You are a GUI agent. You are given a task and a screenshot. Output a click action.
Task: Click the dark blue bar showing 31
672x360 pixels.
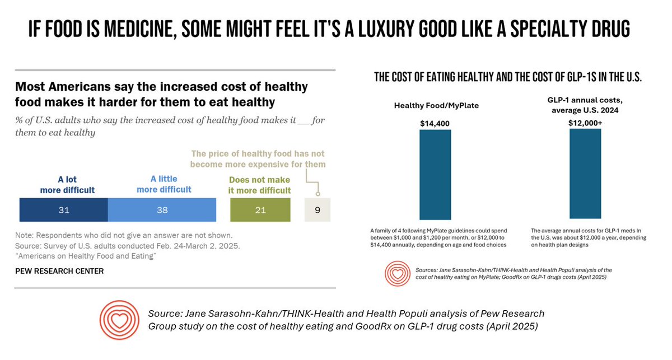tap(64, 210)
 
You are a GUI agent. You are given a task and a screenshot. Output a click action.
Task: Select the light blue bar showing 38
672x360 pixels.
tap(162, 210)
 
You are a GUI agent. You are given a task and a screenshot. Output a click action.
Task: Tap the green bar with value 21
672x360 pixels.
tap(260, 210)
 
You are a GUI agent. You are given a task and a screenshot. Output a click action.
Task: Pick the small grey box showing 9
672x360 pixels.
tap(318, 210)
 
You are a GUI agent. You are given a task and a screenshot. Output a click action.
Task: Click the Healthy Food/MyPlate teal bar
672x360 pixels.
tap(435, 175)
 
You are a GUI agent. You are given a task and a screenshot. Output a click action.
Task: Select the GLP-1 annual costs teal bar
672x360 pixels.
tap(585, 174)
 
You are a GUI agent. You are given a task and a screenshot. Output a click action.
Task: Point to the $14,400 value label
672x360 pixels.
tap(435, 123)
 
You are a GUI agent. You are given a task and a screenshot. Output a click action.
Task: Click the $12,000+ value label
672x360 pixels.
tap(585, 123)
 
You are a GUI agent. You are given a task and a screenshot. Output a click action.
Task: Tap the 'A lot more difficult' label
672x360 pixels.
tap(67, 185)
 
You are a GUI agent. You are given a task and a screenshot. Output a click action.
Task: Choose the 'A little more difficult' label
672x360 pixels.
tap(164, 184)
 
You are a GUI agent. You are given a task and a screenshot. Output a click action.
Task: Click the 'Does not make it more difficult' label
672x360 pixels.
tap(259, 185)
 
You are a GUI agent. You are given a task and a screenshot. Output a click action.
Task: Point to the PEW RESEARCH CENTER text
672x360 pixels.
tap(59, 271)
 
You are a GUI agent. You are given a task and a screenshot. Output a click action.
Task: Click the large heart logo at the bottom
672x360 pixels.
tap(119, 320)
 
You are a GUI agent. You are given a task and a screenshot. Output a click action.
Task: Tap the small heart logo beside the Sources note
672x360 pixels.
tap(398, 273)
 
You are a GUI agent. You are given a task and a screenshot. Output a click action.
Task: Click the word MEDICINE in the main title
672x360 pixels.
tap(141, 30)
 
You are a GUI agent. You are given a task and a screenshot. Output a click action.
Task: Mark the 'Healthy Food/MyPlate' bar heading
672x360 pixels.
tap(436, 106)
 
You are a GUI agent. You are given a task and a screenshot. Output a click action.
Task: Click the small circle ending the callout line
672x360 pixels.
tap(318, 194)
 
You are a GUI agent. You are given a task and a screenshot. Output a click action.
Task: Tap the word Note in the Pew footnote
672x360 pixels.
tap(24, 235)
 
